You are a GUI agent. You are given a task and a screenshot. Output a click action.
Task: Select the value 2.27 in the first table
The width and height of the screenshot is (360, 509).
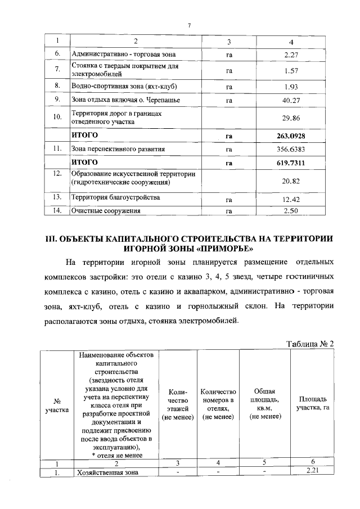290,55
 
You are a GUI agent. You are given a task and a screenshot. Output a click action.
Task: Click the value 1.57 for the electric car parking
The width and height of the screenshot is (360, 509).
290,71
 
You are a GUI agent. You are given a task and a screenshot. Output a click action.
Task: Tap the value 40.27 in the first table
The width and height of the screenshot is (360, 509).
290,100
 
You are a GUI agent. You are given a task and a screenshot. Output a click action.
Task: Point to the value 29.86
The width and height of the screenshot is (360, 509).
290,118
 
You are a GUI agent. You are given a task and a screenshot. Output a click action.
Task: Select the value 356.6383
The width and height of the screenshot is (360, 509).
290,150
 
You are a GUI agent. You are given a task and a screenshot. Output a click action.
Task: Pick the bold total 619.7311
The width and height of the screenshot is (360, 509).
290,163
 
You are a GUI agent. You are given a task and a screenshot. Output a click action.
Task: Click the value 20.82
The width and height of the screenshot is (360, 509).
290,181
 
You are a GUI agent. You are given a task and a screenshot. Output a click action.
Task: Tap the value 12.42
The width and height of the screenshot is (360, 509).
290,199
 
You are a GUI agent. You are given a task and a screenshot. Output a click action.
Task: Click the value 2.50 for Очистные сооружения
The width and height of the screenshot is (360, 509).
290,211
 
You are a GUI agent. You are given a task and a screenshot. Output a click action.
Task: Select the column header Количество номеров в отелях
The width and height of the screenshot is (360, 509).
217,403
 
